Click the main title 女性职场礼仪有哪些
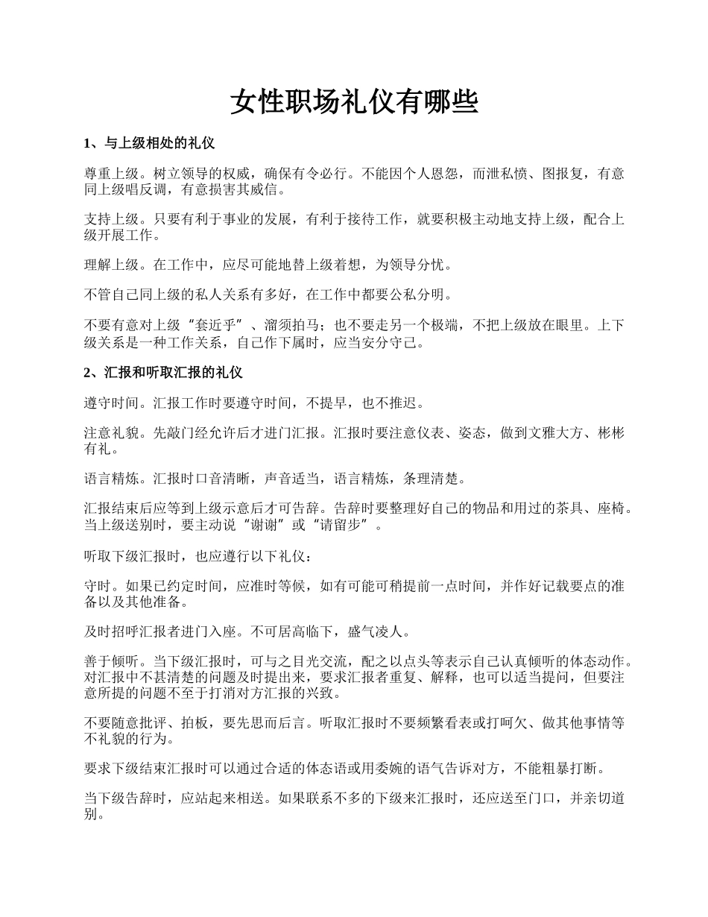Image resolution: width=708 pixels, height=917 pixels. (353, 103)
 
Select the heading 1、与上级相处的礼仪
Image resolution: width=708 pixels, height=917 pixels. (150, 142)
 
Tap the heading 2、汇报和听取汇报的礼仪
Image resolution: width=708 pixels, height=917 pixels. (163, 372)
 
